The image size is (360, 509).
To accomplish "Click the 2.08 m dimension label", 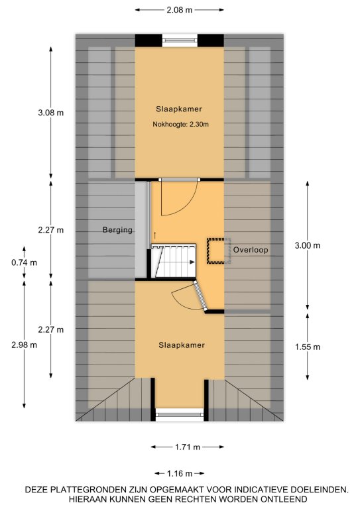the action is pyautogui.click(x=180, y=10).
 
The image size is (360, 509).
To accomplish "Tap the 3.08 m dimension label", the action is pyautogui.click(x=50, y=113).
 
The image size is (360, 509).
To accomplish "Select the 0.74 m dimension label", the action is pyautogui.click(x=24, y=262).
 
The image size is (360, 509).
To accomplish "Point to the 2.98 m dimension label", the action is pyautogui.click(x=24, y=345).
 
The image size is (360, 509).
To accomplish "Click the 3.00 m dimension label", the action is pyautogui.click(x=308, y=246).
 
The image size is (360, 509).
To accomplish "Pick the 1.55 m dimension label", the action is pyautogui.click(x=308, y=347).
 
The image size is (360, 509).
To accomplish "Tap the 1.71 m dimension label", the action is pyautogui.click(x=188, y=447).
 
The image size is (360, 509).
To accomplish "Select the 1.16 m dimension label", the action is pyautogui.click(x=180, y=474).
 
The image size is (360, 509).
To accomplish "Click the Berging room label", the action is pyautogui.click(x=117, y=230).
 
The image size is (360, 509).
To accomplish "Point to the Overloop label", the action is pyautogui.click(x=251, y=250).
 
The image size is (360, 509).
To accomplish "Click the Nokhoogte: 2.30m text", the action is pyautogui.click(x=181, y=125).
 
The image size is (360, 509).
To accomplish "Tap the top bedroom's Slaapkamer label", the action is pyautogui.click(x=179, y=109).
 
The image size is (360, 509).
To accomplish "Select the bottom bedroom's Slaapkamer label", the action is pyautogui.click(x=182, y=345).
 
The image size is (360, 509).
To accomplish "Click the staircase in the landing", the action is pyautogui.click(x=174, y=260).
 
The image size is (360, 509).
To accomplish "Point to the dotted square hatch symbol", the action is pyautogui.click(x=216, y=251).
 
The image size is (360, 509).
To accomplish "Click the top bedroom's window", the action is pyautogui.click(x=180, y=40).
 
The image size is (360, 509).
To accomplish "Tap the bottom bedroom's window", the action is pyautogui.click(x=180, y=415).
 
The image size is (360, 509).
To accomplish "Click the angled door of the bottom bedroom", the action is pyautogui.click(x=201, y=296).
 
